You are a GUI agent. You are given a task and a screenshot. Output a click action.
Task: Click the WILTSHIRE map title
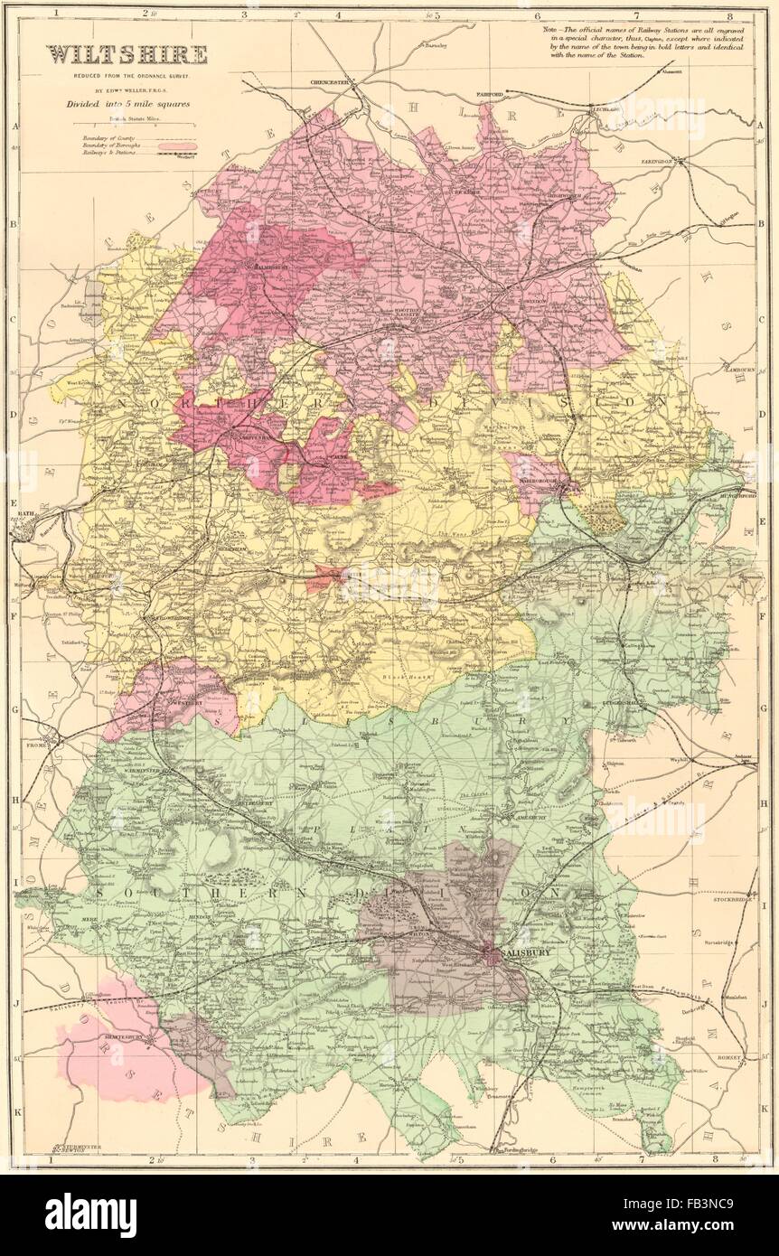pos(127,55)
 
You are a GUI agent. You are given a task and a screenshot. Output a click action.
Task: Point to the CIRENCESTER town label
pos(330,82)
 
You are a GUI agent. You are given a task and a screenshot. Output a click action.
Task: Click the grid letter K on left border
pos(15,1107)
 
